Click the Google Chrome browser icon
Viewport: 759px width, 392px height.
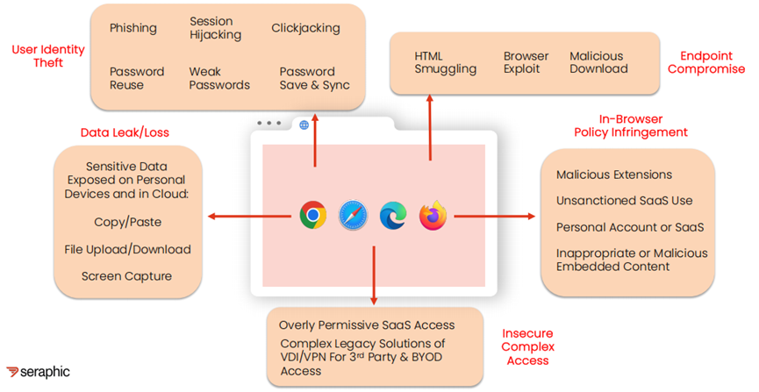(x=312, y=215)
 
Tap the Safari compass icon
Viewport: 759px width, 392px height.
(x=352, y=215)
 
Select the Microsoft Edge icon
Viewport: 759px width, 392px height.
(x=392, y=215)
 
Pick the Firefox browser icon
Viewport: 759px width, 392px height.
(x=433, y=215)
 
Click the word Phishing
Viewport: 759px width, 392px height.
(x=132, y=28)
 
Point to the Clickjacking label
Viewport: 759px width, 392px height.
(x=305, y=28)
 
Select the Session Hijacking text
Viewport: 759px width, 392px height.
(x=211, y=28)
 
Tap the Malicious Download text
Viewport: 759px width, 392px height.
(x=598, y=62)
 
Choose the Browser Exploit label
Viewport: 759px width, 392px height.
(x=526, y=62)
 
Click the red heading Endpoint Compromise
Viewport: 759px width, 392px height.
(x=706, y=62)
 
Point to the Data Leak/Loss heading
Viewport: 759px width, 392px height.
(x=124, y=132)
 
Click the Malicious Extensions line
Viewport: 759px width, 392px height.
(x=614, y=175)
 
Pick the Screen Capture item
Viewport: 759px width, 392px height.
(x=127, y=276)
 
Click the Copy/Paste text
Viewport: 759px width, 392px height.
(x=127, y=222)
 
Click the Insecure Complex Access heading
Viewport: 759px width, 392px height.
(x=527, y=346)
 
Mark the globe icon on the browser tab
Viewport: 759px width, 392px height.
(x=304, y=125)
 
